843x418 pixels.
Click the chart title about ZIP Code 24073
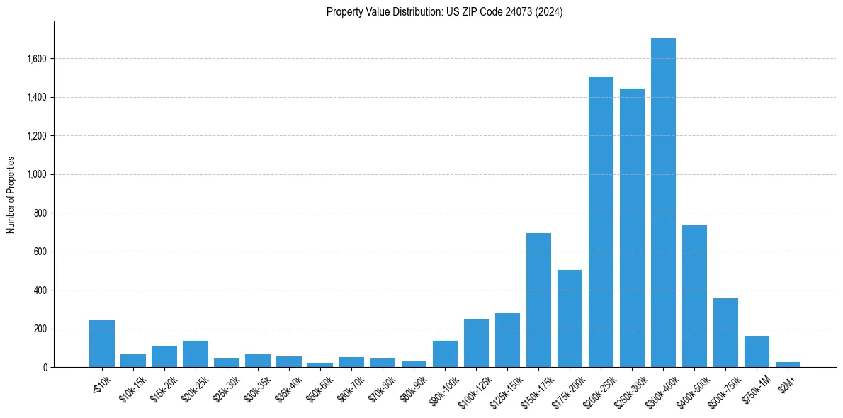coord(444,12)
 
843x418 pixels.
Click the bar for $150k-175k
coord(538,300)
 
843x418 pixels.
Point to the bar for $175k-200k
coord(570,319)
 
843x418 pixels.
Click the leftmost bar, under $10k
coord(102,344)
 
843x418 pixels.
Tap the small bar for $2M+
coord(788,364)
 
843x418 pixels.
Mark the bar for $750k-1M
coord(757,351)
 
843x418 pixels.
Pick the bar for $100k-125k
coord(476,343)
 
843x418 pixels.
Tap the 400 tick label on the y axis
coord(40,290)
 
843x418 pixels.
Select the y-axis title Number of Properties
coord(11,195)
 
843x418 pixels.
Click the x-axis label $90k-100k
coord(443,390)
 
